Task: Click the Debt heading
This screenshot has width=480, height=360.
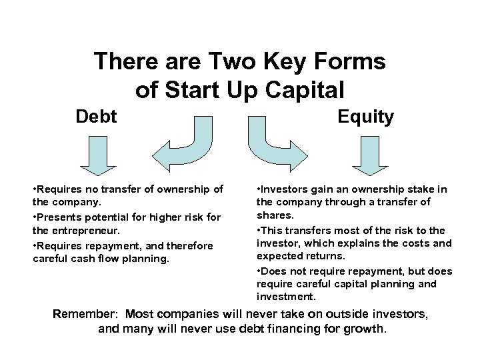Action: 97,117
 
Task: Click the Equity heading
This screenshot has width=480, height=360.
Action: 365,117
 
